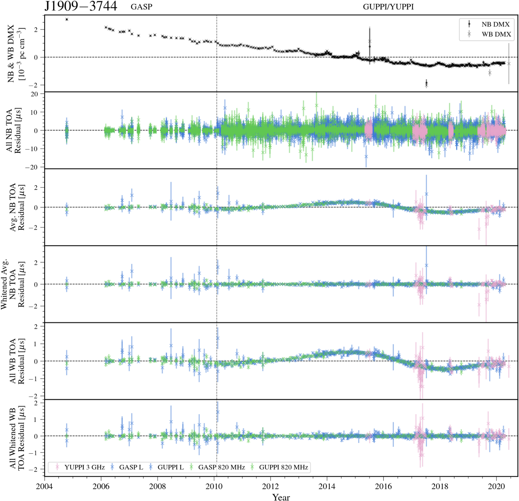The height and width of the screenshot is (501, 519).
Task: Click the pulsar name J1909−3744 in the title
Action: click(81, 6)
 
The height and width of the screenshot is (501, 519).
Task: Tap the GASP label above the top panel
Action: click(141, 7)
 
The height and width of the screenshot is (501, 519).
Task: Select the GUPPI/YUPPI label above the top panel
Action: click(388, 7)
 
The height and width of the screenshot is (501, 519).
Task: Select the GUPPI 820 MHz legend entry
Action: click(283, 467)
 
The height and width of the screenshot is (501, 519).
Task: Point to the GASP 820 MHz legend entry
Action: click(221, 467)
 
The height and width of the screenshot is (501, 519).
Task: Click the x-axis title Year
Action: click(281, 497)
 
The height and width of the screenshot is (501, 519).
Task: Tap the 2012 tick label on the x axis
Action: click(270, 487)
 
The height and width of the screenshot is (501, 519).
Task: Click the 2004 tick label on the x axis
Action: click(44, 487)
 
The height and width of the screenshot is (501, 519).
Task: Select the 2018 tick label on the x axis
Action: click(440, 487)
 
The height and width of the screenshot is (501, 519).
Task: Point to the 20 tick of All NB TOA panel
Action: click(34, 94)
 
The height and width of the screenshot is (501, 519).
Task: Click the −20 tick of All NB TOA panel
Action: click(31, 167)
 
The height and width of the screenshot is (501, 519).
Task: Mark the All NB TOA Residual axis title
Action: click(14, 130)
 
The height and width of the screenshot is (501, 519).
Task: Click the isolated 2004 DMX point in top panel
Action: click(67, 19)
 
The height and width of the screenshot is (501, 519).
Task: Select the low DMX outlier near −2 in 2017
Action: click(426, 83)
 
